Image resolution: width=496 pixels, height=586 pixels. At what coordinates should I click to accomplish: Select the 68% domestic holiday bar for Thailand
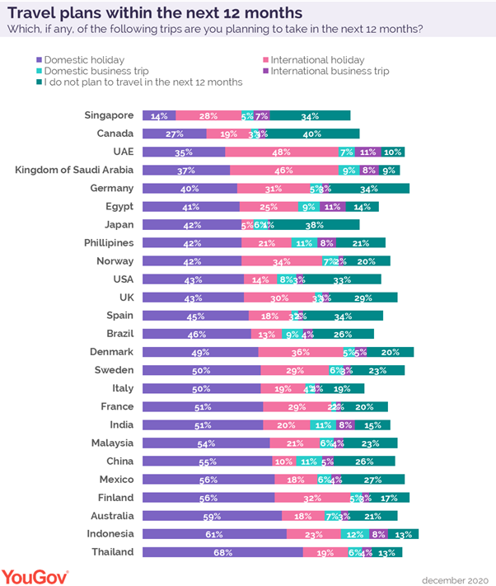pos(221,552)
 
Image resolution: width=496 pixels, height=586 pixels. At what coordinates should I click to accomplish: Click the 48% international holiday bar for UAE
pos(281,152)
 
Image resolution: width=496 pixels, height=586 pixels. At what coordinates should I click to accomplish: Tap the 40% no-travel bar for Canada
pos(312,134)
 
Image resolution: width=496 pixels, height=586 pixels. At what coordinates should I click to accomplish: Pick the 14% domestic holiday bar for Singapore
pos(159,115)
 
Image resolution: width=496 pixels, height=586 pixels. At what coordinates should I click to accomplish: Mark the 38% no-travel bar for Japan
pos(311,224)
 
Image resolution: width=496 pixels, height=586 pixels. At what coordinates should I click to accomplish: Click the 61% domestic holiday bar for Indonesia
pos(214,534)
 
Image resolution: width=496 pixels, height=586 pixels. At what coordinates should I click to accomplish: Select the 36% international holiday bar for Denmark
pos(300,352)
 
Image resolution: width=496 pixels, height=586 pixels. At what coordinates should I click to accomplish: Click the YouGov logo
pos(35,575)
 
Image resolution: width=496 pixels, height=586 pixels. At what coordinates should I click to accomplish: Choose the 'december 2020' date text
pos(456,578)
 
